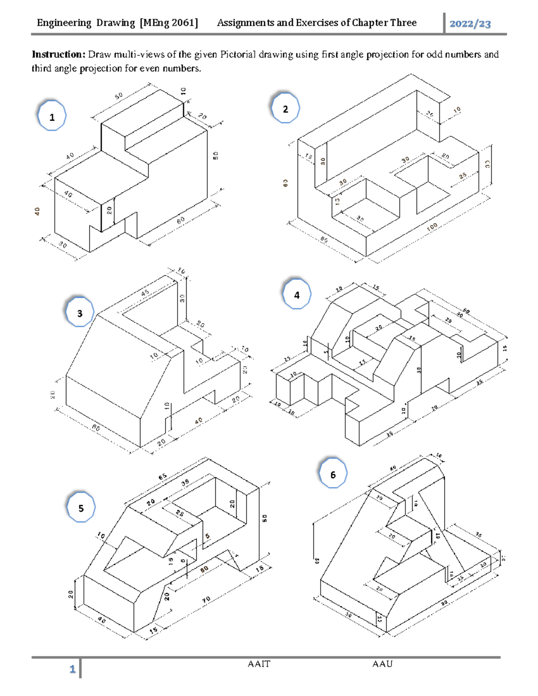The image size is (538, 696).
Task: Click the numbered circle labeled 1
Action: pos(52,116)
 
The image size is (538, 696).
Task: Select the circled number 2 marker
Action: pos(286,108)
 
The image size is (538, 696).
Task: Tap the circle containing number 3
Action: pos(80,312)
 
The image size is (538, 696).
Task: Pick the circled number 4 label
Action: pos(297,294)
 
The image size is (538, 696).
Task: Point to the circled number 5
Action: pos(81,507)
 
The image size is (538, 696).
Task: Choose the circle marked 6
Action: pos(333,474)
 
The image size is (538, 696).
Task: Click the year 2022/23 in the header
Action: pos(470,24)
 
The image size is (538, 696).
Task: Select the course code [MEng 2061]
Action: pos(169,23)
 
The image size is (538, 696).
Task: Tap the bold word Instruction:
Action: pos(58,55)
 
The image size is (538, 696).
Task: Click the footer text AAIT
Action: pos(259,664)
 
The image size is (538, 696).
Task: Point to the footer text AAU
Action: pos(382,664)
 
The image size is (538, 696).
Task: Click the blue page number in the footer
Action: pos(72,669)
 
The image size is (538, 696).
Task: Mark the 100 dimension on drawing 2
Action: pos(432,227)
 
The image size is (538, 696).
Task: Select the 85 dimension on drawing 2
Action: pos(324,240)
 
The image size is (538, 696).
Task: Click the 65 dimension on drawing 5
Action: pos(162,476)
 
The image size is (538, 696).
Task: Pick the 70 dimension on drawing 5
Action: pos(206,600)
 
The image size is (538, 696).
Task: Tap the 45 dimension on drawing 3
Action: pos(145,293)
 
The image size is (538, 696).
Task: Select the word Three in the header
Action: pos(403,23)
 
